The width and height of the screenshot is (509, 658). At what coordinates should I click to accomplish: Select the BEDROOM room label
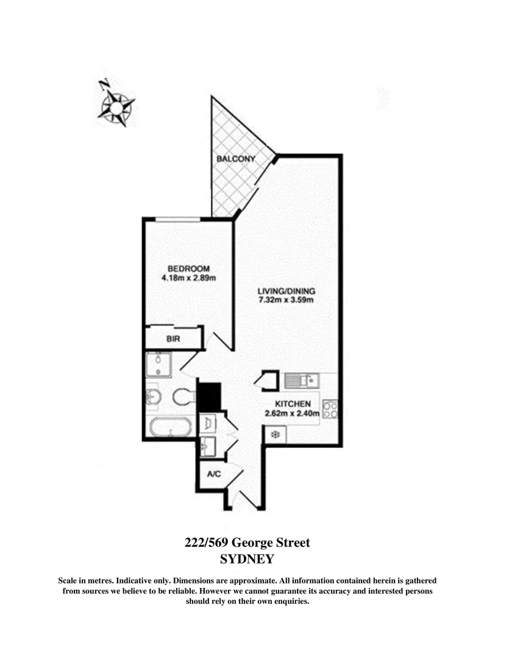(189, 269)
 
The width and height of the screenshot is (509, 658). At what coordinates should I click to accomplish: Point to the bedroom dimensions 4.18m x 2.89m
(189, 278)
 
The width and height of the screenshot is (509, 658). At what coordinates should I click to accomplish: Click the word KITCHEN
(293, 404)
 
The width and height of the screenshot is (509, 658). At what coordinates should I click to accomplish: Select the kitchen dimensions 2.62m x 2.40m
(293, 414)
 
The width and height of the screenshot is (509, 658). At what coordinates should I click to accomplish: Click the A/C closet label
(214, 474)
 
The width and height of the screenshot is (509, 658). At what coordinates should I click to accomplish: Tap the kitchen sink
(302, 381)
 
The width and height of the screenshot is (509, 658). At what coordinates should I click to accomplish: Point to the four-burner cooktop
(330, 409)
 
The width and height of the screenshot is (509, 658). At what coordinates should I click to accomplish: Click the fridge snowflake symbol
(275, 434)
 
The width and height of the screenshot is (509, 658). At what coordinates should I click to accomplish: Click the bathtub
(168, 428)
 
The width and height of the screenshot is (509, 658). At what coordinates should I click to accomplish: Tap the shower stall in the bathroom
(158, 364)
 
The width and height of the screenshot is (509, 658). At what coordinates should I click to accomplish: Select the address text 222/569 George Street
(247, 542)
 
